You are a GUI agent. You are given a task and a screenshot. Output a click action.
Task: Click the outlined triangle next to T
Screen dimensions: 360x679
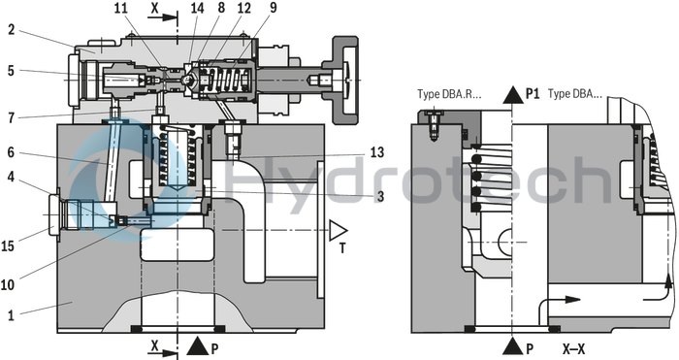click(338, 230)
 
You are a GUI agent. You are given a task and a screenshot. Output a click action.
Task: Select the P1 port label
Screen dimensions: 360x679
click(532, 94)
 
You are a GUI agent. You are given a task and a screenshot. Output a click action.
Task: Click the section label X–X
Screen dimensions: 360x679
click(574, 345)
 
